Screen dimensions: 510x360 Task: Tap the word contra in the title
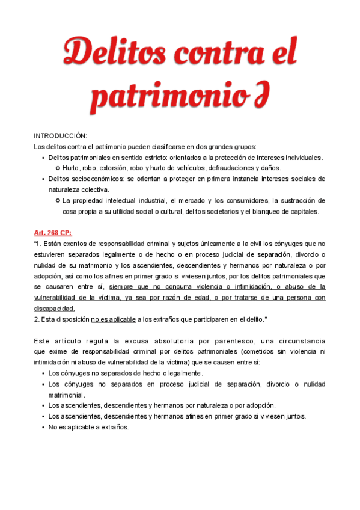217,54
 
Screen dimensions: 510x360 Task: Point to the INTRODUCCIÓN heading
60,136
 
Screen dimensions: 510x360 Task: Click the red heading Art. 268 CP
52,232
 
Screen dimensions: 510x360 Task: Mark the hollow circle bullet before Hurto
57,168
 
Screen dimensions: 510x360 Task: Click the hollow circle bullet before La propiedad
57,200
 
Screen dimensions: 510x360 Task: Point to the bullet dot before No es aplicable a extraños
43,428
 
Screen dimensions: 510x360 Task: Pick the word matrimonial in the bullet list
66,395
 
